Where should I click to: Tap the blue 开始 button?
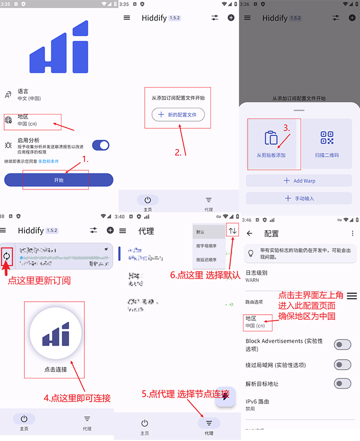58,180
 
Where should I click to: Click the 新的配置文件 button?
178,114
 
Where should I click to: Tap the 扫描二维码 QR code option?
327,143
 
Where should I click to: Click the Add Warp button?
299,181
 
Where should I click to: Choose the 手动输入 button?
299,198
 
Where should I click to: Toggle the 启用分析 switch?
101,145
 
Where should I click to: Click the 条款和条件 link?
49,161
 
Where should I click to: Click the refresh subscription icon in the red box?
7,256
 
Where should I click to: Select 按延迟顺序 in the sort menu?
206,260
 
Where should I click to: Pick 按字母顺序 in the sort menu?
206,246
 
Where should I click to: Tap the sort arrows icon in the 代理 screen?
233,231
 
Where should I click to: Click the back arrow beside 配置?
250,233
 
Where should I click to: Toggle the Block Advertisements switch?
342,344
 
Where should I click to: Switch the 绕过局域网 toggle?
342,364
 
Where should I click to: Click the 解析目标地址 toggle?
342,384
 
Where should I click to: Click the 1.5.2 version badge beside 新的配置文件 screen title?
174,18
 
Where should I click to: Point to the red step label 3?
287,127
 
